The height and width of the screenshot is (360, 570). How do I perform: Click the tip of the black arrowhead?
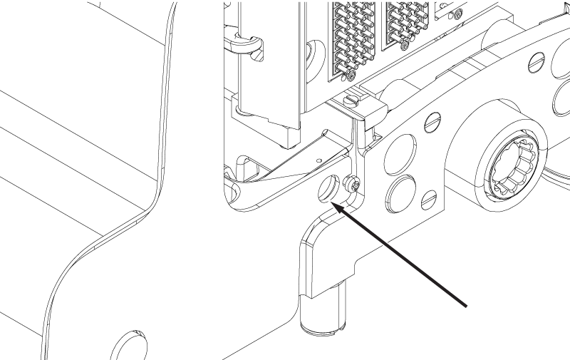[333, 205]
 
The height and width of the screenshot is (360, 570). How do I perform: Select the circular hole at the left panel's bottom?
[129, 344]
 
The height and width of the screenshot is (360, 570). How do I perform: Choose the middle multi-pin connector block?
[405, 25]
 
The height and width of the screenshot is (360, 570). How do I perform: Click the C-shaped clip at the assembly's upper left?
[246, 44]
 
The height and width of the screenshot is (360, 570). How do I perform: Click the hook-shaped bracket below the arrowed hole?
[321, 250]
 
